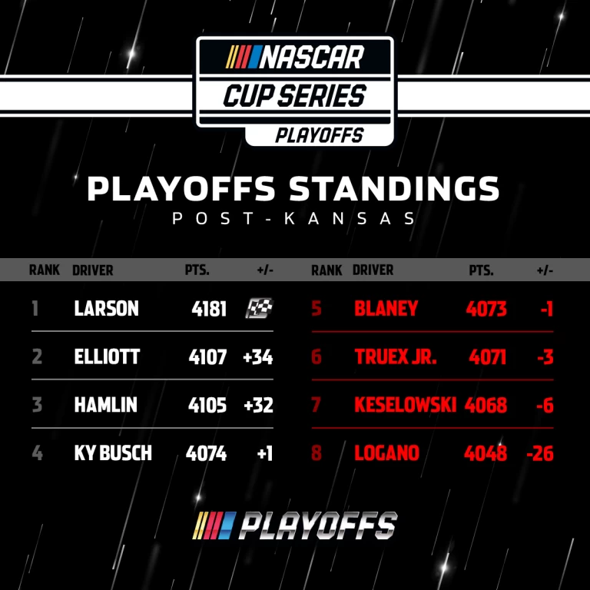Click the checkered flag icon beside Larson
coord(259,308)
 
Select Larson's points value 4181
coord(209,309)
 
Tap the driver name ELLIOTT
coord(107,356)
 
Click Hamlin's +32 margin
coord(258,406)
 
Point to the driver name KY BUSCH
coord(113,453)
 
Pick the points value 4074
coord(206,453)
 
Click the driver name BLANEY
coord(386,309)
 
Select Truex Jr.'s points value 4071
coord(487,357)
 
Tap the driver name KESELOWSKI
coord(406,405)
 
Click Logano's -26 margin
coord(540,453)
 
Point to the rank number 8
coord(317,453)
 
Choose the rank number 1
coord(35,309)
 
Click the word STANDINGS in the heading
coord(394,188)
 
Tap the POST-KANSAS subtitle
coord(293,219)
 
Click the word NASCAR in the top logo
coord(312,58)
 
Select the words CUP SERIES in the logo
coord(295,95)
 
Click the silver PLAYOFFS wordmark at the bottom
coord(317,525)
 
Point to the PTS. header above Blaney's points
coord(481,270)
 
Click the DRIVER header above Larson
coord(92,270)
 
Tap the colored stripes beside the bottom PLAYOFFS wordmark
coord(214,525)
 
